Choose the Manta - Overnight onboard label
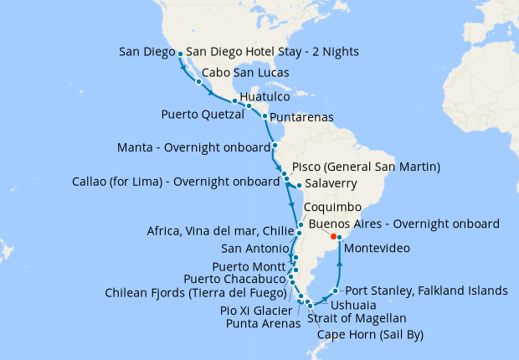[192, 149]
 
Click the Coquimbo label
[332, 206]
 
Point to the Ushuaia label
[363, 306]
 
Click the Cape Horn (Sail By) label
[370, 335]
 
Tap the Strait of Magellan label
[357, 319]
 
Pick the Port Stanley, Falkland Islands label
[427, 291]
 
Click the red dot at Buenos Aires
[333, 237]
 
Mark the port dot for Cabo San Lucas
[198, 82]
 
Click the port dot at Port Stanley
[335, 291]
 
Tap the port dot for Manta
[275, 146]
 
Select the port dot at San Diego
[181, 54]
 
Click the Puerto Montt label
[249, 267]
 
